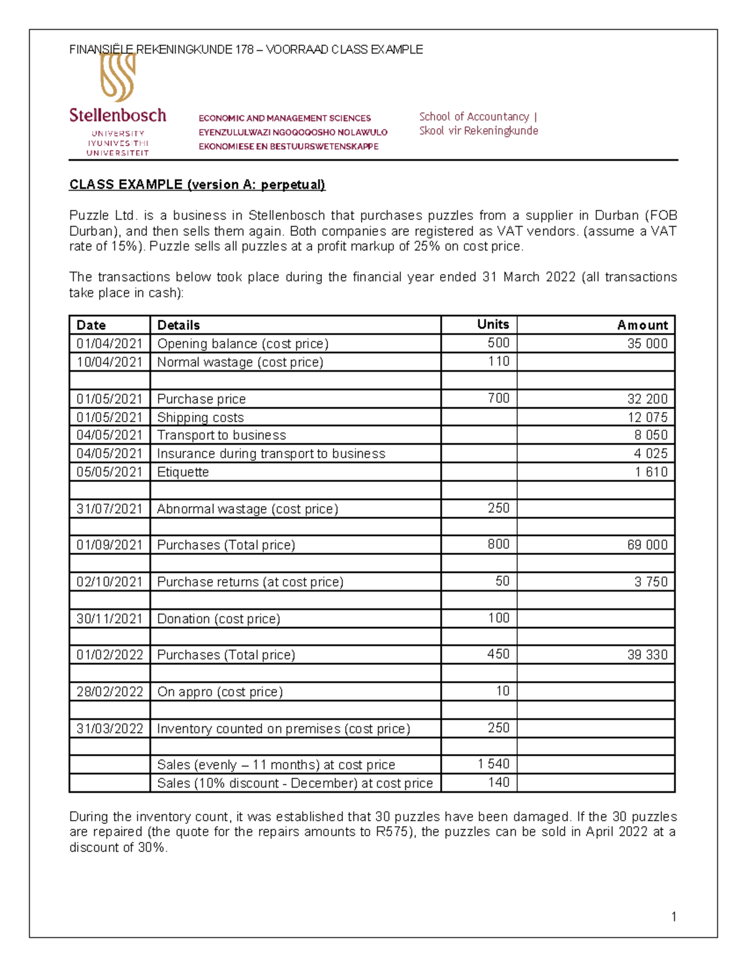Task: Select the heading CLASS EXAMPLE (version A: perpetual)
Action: [x=197, y=185]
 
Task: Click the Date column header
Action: [x=91, y=325]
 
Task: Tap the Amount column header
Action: [x=642, y=325]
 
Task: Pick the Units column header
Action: [x=492, y=324]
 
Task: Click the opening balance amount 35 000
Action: [x=647, y=344]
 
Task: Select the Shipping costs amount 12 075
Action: [x=647, y=417]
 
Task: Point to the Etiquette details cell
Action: [x=183, y=472]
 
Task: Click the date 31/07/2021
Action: [x=110, y=509]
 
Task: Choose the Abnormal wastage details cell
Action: [x=247, y=509]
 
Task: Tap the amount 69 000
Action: [x=647, y=545]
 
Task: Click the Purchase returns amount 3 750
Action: [x=651, y=582]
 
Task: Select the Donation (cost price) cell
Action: [x=218, y=618]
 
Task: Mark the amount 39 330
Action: [x=647, y=655]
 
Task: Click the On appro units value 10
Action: [x=502, y=691]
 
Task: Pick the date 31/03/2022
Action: [x=110, y=729]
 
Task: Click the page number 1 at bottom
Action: [x=674, y=917]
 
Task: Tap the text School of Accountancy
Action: [x=474, y=116]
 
